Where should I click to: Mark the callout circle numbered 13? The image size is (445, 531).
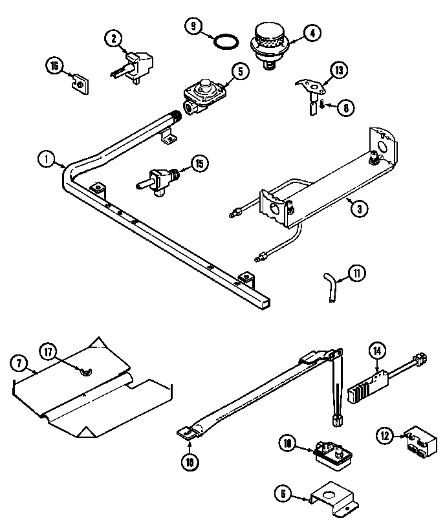point(340,70)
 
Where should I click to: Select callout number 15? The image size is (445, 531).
point(200,164)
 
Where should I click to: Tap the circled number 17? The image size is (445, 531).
point(49,351)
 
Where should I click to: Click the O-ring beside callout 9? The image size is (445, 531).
point(225,43)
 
